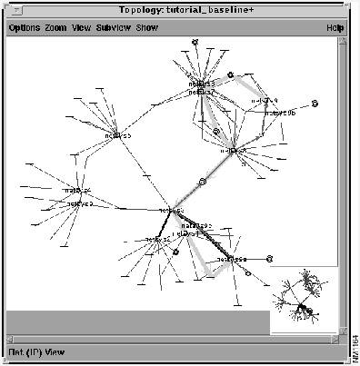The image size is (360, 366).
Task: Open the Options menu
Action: click(x=24, y=27)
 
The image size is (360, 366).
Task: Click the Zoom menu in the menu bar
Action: click(x=55, y=27)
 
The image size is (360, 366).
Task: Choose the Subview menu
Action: click(x=114, y=27)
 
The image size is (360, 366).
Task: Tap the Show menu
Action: click(x=146, y=27)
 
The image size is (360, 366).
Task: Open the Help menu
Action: click(x=335, y=27)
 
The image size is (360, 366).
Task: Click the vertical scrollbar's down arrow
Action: click(x=344, y=329)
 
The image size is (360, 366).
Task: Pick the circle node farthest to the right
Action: click(x=315, y=104)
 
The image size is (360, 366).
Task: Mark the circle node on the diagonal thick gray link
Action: click(x=203, y=182)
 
